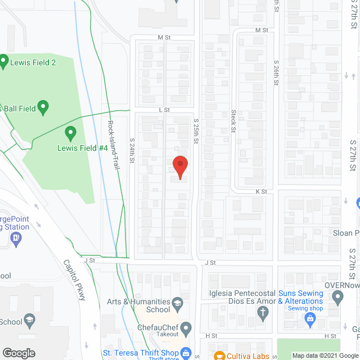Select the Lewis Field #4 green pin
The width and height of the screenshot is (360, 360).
(x=70, y=133)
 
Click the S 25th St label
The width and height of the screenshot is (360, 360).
(x=196, y=132)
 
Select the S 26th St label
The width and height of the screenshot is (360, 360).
(x=276, y=73)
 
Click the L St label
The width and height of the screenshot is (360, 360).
(x=164, y=110)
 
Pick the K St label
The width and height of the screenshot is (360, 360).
(x=260, y=192)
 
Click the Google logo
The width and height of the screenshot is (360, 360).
(x=19, y=353)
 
